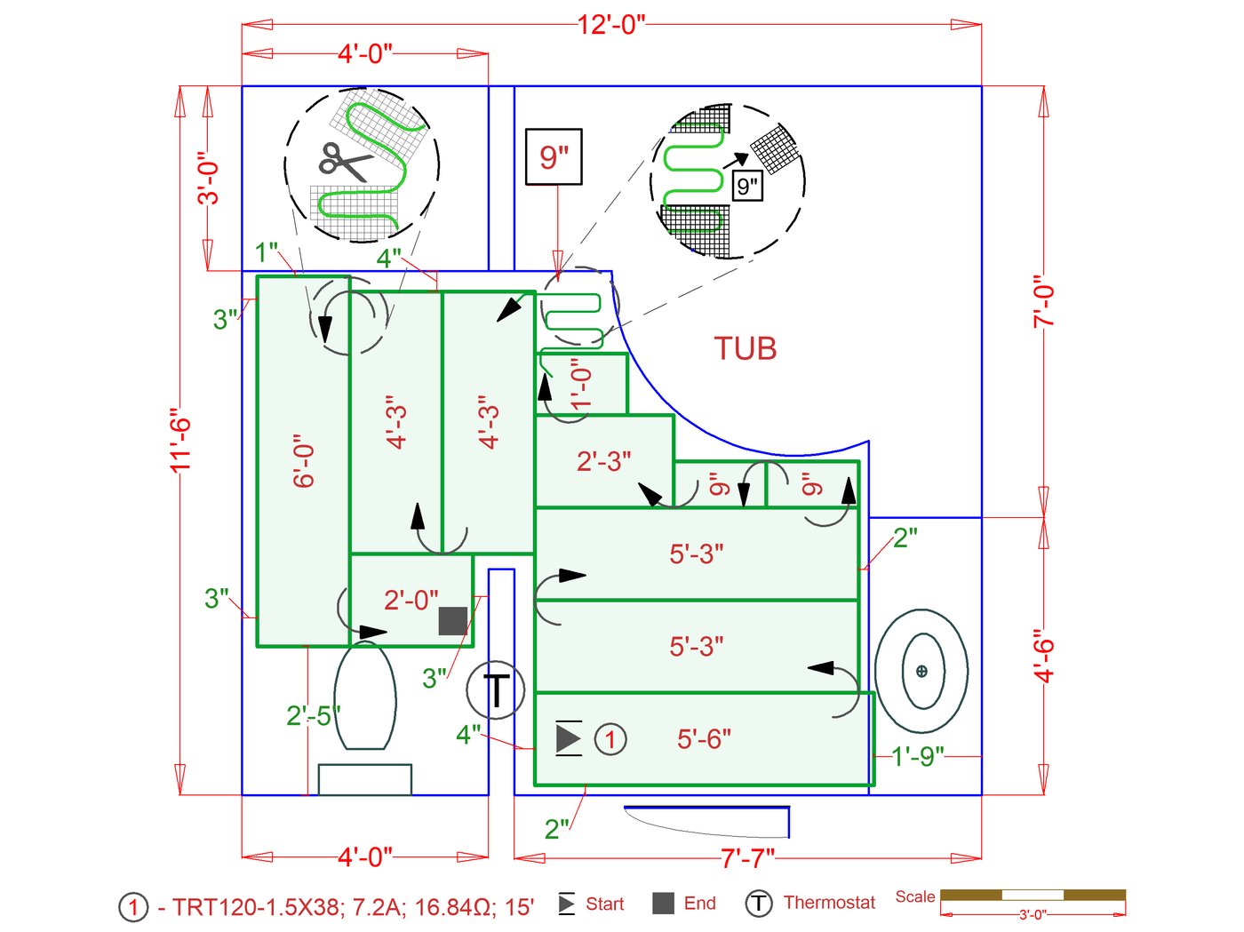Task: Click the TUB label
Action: pos(745,348)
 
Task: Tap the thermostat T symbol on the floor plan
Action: pos(495,689)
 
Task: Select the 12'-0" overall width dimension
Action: pos(611,25)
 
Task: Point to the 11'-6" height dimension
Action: pos(180,440)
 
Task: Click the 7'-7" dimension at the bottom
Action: pos(747,859)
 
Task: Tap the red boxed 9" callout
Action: pos(554,157)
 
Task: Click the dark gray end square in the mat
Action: pos(453,621)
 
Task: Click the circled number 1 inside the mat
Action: pos(610,739)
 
